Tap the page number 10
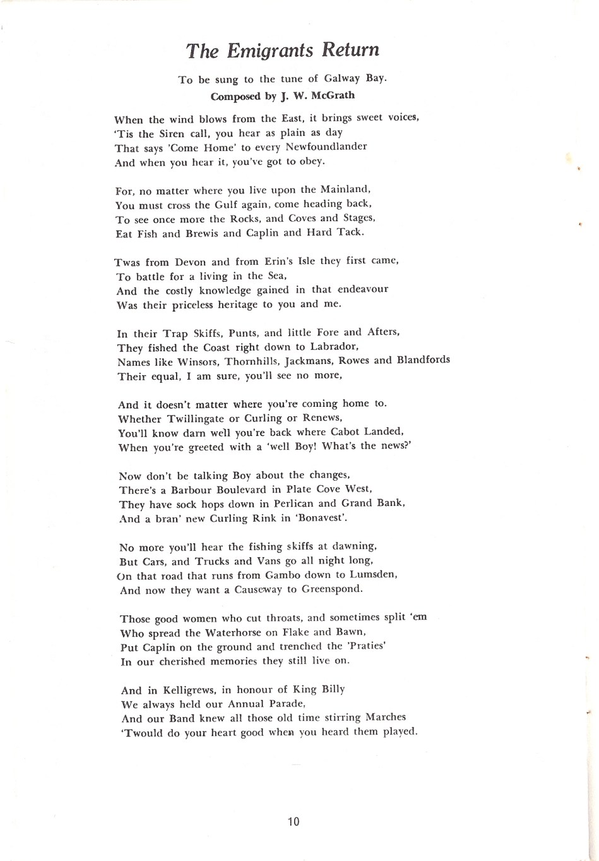(x=294, y=821)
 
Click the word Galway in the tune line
(x=345, y=79)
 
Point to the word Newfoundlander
(x=326, y=147)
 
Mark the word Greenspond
(x=332, y=589)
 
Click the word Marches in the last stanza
(x=386, y=718)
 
